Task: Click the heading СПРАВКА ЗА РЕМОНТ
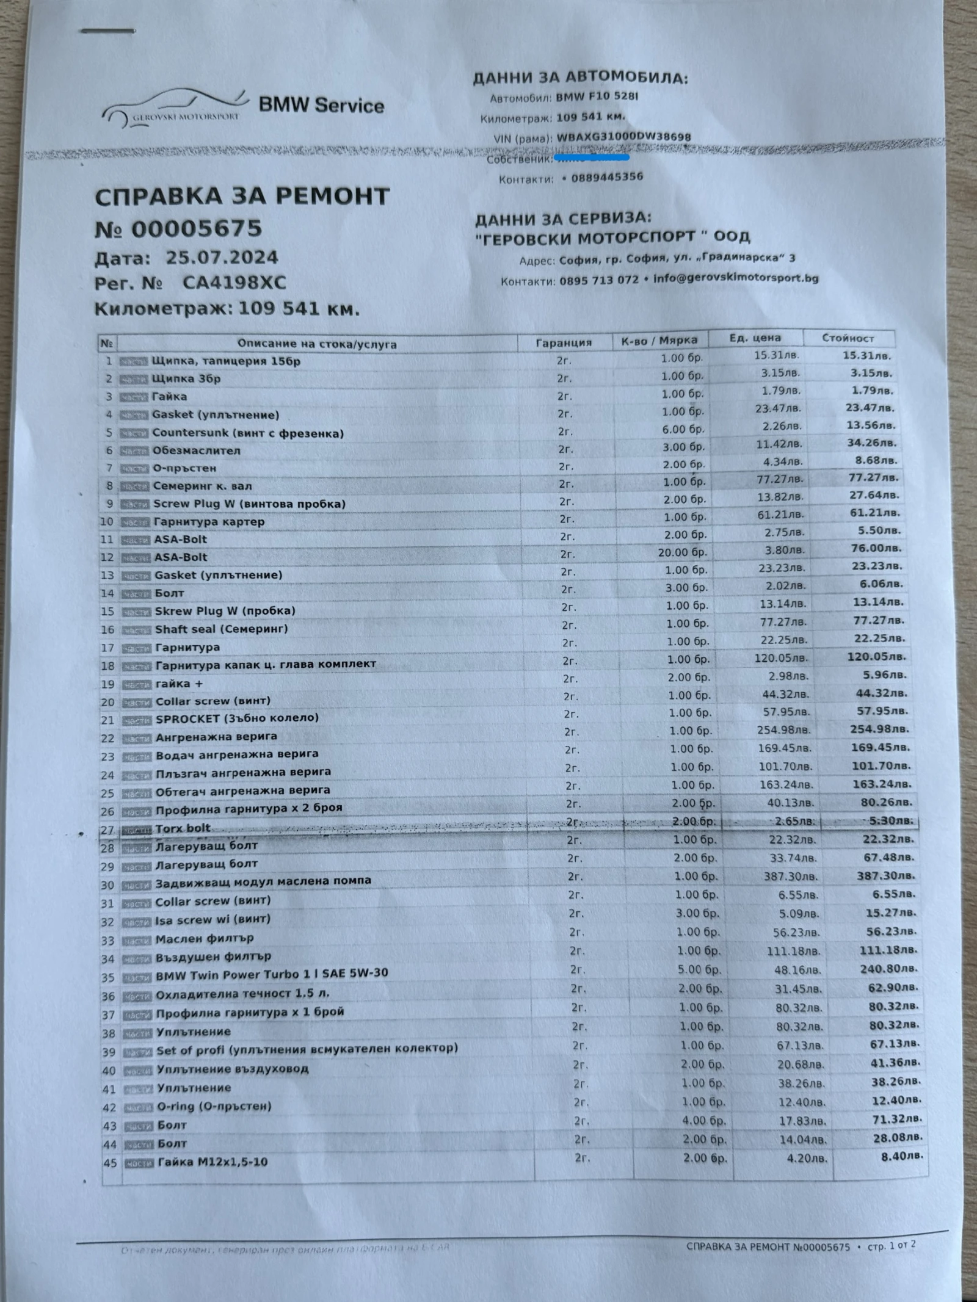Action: click(242, 197)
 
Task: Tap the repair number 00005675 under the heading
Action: click(196, 229)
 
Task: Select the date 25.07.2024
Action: click(222, 257)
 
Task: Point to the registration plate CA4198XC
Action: click(234, 283)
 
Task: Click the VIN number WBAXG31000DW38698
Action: click(623, 137)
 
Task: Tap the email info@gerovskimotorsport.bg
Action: click(735, 278)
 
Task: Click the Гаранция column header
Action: click(564, 342)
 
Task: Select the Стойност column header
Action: click(848, 338)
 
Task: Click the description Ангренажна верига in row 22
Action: click(216, 737)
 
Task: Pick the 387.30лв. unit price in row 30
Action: click(794, 876)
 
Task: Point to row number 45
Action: click(110, 1163)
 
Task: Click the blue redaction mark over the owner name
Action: click(590, 157)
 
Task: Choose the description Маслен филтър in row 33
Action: click(204, 939)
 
